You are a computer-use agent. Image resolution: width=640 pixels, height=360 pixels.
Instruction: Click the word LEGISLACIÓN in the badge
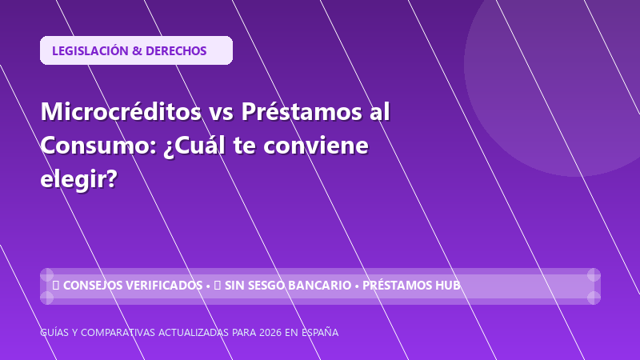point(90,50)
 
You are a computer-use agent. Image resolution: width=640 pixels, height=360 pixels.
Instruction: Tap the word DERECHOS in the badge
point(176,51)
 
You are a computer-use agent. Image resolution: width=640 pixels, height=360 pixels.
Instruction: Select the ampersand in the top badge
point(137,51)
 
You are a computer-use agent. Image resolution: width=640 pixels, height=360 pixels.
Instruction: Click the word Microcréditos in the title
point(121,111)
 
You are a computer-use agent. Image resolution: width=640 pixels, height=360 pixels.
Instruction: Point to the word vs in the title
point(222,112)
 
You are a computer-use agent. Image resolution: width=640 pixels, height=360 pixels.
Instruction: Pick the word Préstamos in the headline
point(302,111)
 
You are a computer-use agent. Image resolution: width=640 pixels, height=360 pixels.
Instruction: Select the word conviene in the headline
point(315,146)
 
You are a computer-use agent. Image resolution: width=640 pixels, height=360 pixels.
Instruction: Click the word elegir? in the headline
point(78,179)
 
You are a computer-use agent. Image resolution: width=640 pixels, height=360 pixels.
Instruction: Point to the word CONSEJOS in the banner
point(92,286)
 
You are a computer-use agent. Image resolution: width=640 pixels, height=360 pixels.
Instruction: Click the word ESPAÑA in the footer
point(320,332)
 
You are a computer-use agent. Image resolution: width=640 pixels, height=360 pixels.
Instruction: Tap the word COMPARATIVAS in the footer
point(118,333)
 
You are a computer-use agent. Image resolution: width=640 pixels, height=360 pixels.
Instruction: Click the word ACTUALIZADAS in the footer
point(194,333)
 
